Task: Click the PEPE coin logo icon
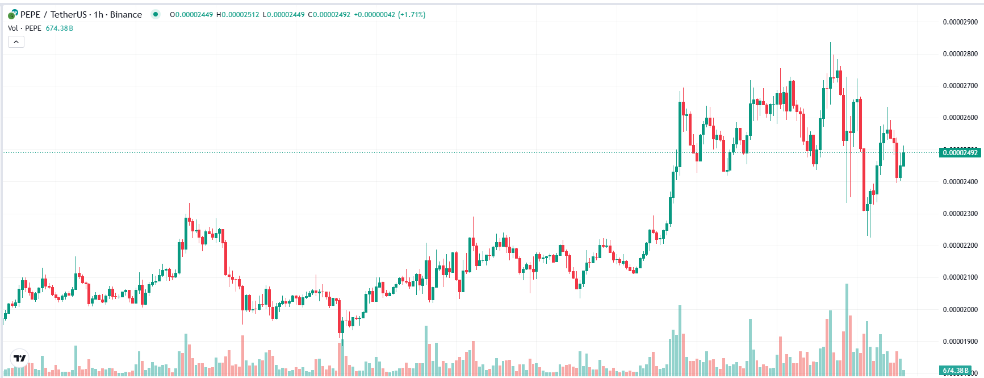pyautogui.click(x=12, y=15)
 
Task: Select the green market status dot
pyautogui.click(x=155, y=15)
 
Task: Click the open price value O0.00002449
pyautogui.click(x=191, y=15)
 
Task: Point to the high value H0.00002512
pyautogui.click(x=237, y=15)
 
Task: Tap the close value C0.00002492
pyautogui.click(x=329, y=15)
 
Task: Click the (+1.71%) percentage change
pyautogui.click(x=412, y=15)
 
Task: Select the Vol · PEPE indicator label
pyautogui.click(x=24, y=28)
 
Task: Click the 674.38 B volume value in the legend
pyautogui.click(x=59, y=28)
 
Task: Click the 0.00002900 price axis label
pyautogui.click(x=960, y=22)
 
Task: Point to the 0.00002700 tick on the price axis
pyautogui.click(x=960, y=86)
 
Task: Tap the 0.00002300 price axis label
pyautogui.click(x=960, y=214)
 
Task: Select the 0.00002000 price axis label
pyautogui.click(x=960, y=310)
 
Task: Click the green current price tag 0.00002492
pyautogui.click(x=960, y=152)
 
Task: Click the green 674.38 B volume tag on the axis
pyautogui.click(x=956, y=371)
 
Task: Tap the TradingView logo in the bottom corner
pyautogui.click(x=20, y=358)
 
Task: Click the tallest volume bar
pyautogui.click(x=847, y=330)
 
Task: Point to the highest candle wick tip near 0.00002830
pyautogui.click(x=830, y=43)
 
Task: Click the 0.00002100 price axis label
pyautogui.click(x=960, y=277)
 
